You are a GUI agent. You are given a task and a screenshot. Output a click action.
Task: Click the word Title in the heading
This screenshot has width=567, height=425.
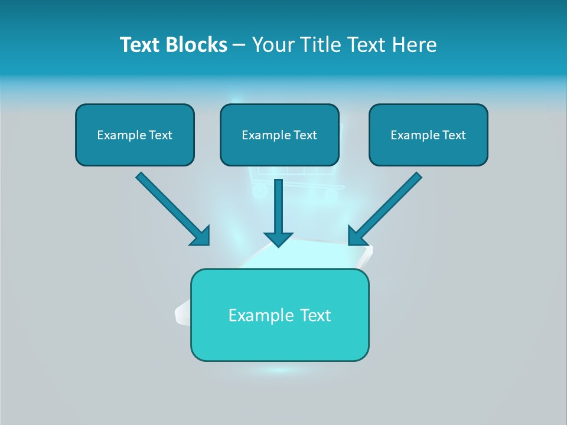click(x=319, y=45)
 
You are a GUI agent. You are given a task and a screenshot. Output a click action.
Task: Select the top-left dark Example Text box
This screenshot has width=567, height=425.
click(x=135, y=135)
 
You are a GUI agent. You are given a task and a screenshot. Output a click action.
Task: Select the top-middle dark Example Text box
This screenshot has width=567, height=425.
click(x=279, y=135)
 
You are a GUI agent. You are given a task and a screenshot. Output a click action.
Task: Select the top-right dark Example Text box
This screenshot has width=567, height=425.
click(x=428, y=135)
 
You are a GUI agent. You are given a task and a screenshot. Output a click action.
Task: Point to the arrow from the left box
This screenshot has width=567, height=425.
click(x=171, y=208)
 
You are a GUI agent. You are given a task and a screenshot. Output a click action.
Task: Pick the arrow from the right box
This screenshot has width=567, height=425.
click(x=387, y=208)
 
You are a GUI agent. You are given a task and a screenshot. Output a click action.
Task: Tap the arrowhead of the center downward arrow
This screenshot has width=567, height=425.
click(x=279, y=238)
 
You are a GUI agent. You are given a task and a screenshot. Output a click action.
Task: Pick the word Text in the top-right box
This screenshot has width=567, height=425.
click(x=454, y=135)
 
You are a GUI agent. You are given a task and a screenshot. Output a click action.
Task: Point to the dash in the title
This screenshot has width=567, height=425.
click(x=239, y=45)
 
